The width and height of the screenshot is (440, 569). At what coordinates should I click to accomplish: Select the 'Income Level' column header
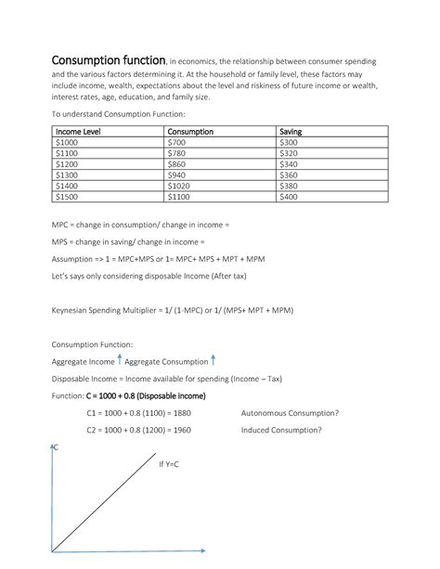(x=79, y=132)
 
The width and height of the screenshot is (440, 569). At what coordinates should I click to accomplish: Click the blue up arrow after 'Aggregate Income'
(x=120, y=360)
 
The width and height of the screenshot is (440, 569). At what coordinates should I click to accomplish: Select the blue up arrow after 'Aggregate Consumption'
(x=214, y=360)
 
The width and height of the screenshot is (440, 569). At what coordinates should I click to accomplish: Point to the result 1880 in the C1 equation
(x=182, y=413)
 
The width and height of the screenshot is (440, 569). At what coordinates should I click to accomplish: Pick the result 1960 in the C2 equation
(x=182, y=431)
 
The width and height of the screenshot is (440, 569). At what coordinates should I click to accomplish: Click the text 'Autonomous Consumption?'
(x=290, y=413)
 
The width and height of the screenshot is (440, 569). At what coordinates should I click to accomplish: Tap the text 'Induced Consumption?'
(x=281, y=431)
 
